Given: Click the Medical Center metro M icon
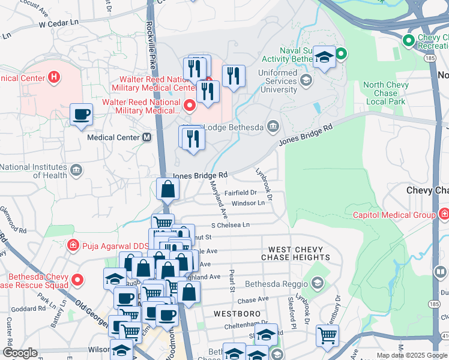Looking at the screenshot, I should [146, 137].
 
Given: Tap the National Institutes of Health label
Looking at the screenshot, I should [34, 171].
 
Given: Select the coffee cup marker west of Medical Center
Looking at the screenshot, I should [81, 113].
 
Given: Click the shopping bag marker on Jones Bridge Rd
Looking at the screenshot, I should [167, 189].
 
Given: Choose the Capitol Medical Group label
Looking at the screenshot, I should [393, 215].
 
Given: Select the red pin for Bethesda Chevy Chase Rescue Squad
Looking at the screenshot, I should [77, 280].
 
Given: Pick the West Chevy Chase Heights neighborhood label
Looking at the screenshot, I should [295, 253].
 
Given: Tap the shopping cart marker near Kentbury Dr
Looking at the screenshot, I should [327, 334].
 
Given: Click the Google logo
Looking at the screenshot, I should [20, 353].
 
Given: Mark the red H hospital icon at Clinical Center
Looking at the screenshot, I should [55, 77].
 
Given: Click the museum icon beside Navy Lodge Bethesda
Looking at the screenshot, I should [273, 126].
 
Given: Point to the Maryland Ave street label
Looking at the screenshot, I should [218, 200].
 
